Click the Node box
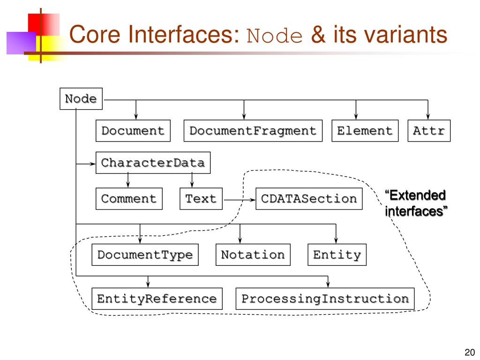point(81,98)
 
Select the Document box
point(133,131)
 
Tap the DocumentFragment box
point(253,131)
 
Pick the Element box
point(365,131)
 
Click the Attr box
point(429,131)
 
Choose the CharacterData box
point(153,163)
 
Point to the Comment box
point(129,199)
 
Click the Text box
point(201,199)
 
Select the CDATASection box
point(309,199)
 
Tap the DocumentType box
point(145,255)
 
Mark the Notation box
point(253,255)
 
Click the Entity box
point(337,255)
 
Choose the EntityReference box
point(157,299)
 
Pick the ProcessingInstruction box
point(325,299)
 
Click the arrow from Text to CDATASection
point(240,200)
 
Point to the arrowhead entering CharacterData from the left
point(92,164)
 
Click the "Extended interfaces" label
point(416,203)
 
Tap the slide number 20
point(470,352)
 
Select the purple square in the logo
point(22,43)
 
